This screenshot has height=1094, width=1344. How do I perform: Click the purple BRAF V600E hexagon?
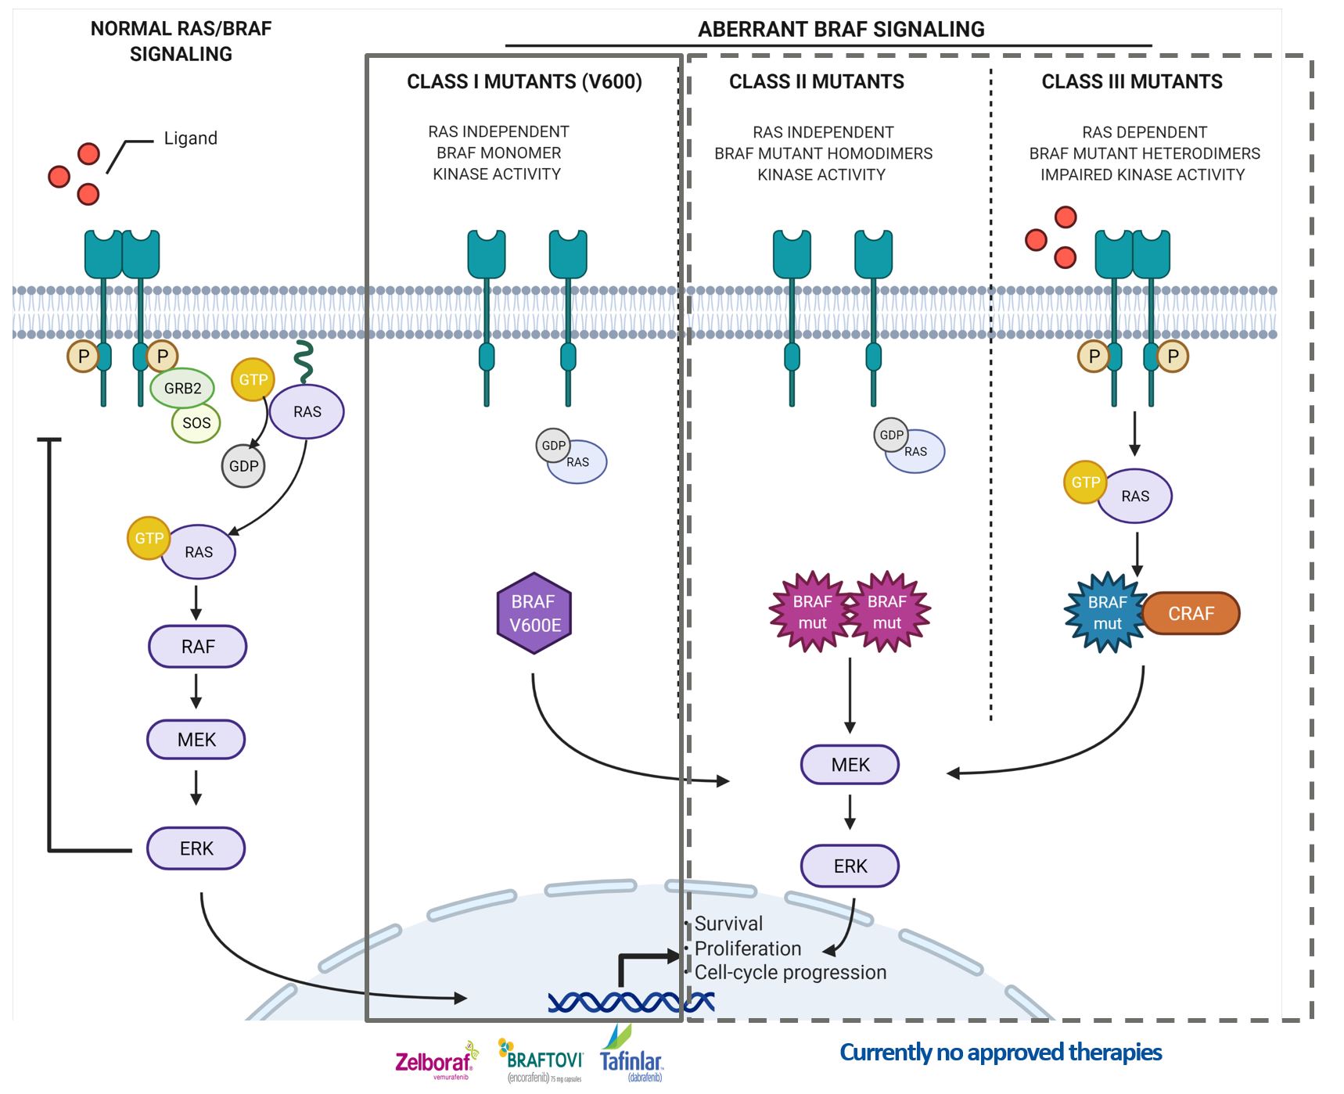[x=534, y=613]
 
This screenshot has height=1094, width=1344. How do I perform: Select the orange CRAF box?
[x=1191, y=613]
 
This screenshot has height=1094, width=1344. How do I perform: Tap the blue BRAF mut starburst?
[x=1106, y=613]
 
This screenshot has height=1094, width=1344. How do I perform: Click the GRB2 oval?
[x=182, y=388]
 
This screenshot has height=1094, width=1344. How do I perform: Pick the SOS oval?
[x=196, y=423]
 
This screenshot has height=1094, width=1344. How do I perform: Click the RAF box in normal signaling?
[x=198, y=647]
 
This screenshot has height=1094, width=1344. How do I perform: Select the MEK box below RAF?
[x=196, y=740]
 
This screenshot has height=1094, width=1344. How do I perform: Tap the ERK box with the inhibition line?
[x=196, y=848]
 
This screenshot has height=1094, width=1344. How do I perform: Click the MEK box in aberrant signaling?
[x=850, y=765]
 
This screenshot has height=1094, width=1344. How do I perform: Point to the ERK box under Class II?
[x=850, y=866]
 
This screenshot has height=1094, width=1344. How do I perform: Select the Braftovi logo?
[x=543, y=1060]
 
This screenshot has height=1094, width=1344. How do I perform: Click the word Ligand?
[x=190, y=138]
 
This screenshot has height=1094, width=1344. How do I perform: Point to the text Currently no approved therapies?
[x=1001, y=1053]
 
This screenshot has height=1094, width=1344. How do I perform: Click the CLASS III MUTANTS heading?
[x=1131, y=82]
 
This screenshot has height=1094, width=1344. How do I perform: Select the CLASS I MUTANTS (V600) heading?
[x=524, y=82]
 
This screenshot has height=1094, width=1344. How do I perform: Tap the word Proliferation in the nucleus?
[x=748, y=949]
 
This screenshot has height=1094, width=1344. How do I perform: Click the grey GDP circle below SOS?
[x=243, y=466]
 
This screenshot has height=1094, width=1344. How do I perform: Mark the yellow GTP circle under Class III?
[x=1085, y=482]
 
